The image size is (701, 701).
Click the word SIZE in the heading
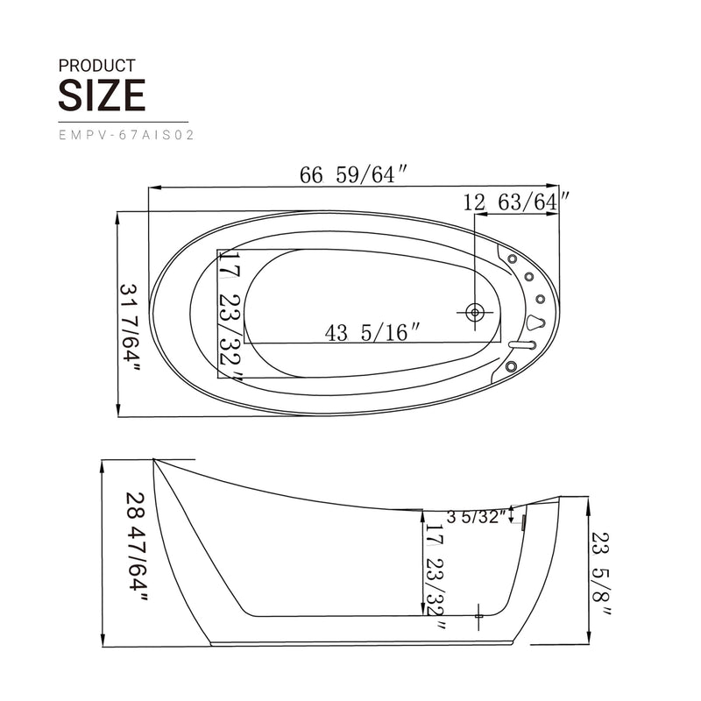point(102,95)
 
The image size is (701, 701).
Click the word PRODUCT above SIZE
point(96,66)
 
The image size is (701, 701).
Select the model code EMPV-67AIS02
point(125,136)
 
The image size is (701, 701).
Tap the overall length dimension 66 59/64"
point(354,175)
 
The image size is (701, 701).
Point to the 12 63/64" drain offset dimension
point(517,202)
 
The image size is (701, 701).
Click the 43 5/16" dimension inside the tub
point(372,332)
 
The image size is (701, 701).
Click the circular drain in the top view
point(475,312)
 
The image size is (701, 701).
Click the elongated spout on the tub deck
point(522,345)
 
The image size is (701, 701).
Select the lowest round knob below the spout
point(511,364)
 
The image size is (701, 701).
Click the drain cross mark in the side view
point(479,617)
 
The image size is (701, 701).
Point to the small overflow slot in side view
point(523,524)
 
